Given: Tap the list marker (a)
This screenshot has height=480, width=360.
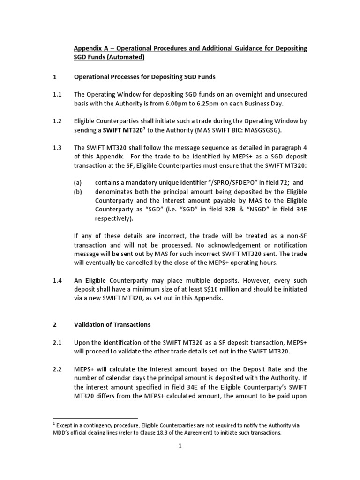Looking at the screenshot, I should (x=79, y=183).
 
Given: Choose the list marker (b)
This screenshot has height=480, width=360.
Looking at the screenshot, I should (x=79, y=192).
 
